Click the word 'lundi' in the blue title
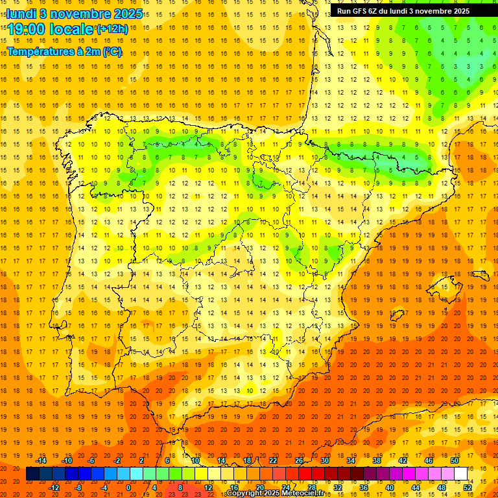pos(21,13)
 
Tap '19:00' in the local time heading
pos(27,29)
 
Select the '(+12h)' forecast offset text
pos(112,29)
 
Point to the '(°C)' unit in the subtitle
pos(112,52)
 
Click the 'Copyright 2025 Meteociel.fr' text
pos(275,493)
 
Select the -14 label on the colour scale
pos(41,460)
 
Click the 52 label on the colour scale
pos(468,487)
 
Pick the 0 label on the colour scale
pos(128,487)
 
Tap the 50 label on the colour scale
pos(455,460)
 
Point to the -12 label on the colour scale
pos(54,487)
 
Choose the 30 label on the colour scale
pos(325,460)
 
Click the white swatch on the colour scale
pos(461,473)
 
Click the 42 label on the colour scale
pos(403,460)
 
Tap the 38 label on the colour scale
pos(377,460)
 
